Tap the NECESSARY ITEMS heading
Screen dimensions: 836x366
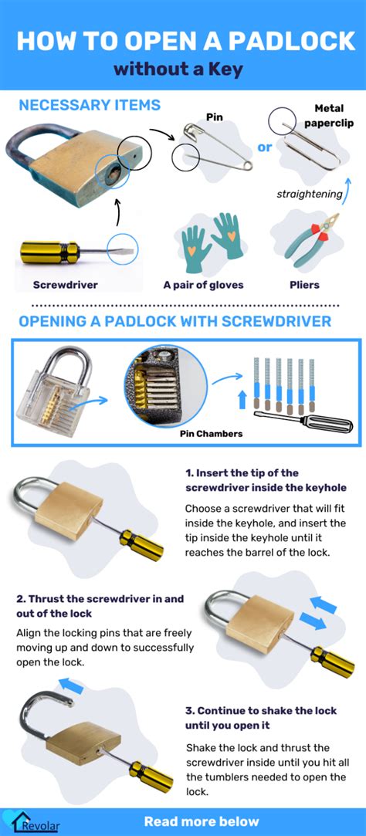coord(90,105)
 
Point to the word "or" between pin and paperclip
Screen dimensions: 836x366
coord(265,146)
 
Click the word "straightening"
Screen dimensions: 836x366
coord(309,194)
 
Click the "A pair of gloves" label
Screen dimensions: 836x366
coord(203,284)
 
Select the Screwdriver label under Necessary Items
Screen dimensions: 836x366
coord(65,284)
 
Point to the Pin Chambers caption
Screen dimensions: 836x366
coord(211,433)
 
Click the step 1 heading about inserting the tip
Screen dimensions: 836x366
coord(265,480)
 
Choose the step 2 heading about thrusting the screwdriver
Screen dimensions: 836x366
coord(100,606)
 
